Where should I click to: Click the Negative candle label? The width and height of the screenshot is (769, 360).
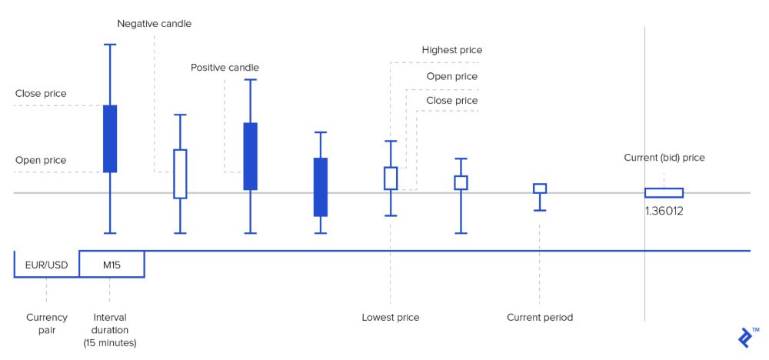coord(154,24)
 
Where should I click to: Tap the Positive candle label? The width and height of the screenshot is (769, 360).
coord(225,68)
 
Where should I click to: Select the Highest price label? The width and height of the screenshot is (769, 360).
coord(452,51)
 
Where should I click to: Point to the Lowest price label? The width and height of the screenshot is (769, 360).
coord(391,318)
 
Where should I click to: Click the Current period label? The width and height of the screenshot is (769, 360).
coord(540,318)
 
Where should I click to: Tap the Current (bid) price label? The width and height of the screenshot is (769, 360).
coord(664,158)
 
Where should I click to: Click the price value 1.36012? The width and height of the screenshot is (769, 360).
coord(664,210)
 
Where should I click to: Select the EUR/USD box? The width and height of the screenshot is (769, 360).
coord(47,265)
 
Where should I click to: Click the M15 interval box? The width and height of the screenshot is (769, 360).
coord(112,265)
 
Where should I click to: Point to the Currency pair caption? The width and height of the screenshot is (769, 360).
coord(47,323)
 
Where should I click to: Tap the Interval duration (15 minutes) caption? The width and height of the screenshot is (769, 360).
coord(110,329)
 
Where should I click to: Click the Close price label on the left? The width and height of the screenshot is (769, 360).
coord(41,94)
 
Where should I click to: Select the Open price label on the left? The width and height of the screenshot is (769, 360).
coord(41,160)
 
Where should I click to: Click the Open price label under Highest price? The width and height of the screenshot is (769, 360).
coord(452,76)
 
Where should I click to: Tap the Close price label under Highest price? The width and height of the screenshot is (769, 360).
coord(452,101)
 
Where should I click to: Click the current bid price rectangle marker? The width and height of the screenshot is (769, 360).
coord(664,193)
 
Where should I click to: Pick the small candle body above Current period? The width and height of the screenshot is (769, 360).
coord(540,188)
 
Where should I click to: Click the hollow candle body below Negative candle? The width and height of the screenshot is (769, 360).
coord(180,174)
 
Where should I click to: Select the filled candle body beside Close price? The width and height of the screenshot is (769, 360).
coord(110,138)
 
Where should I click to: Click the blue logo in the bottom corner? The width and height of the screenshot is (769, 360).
coord(744,338)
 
